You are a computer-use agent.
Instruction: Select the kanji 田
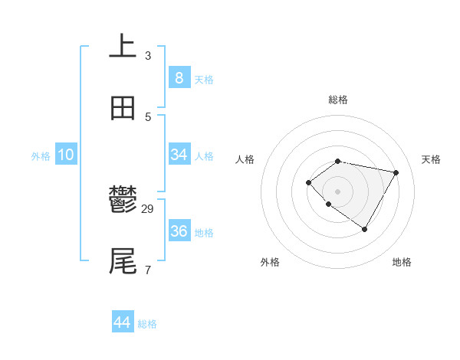pyautogui.click(x=123, y=108)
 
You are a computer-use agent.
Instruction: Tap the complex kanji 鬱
pyautogui.click(x=123, y=201)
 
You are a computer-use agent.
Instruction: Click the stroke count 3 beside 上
pyautogui.click(x=148, y=55)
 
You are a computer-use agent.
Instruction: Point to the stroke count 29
pyautogui.click(x=148, y=209)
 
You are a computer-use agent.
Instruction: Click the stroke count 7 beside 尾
pyautogui.click(x=148, y=270)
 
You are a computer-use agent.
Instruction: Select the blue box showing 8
pyautogui.click(x=179, y=77)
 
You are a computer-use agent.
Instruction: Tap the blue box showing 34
pyautogui.click(x=179, y=155)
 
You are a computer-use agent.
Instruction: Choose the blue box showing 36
pyautogui.click(x=179, y=231)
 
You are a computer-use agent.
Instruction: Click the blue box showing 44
pyautogui.click(x=123, y=322)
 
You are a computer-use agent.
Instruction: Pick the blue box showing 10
pyautogui.click(x=66, y=155)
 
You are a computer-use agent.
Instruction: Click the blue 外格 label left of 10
pyautogui.click(x=41, y=156)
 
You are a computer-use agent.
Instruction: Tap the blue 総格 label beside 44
pyautogui.click(x=147, y=324)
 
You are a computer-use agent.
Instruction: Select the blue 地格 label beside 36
pyautogui.click(x=204, y=233)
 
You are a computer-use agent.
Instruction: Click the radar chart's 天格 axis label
pyautogui.click(x=432, y=159)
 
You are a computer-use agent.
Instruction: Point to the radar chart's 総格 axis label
pyautogui.click(x=338, y=100)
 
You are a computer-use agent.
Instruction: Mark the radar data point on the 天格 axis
pyautogui.click(x=396, y=172)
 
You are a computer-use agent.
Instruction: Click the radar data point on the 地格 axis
pyautogui.click(x=365, y=229)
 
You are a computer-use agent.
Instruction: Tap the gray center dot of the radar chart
pyautogui.click(x=337, y=191)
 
